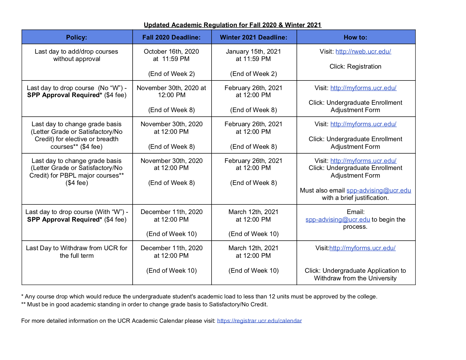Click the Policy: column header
tap(77, 37)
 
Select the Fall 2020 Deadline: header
tap(171, 37)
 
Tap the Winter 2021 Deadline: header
tap(254, 37)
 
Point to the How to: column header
tap(355, 37)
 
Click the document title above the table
tap(232, 25)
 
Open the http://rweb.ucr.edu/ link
tap(363, 51)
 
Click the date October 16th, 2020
tap(171, 51)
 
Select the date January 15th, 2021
tap(253, 51)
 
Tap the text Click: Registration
tap(355, 66)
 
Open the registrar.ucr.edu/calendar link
tap(259, 321)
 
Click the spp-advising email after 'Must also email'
tap(379, 190)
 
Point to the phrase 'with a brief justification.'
tap(355, 198)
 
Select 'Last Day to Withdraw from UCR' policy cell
tap(77, 252)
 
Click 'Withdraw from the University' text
tap(355, 278)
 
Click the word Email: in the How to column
tap(356, 212)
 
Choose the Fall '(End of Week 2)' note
tap(171, 74)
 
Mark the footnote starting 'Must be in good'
tap(147, 304)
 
